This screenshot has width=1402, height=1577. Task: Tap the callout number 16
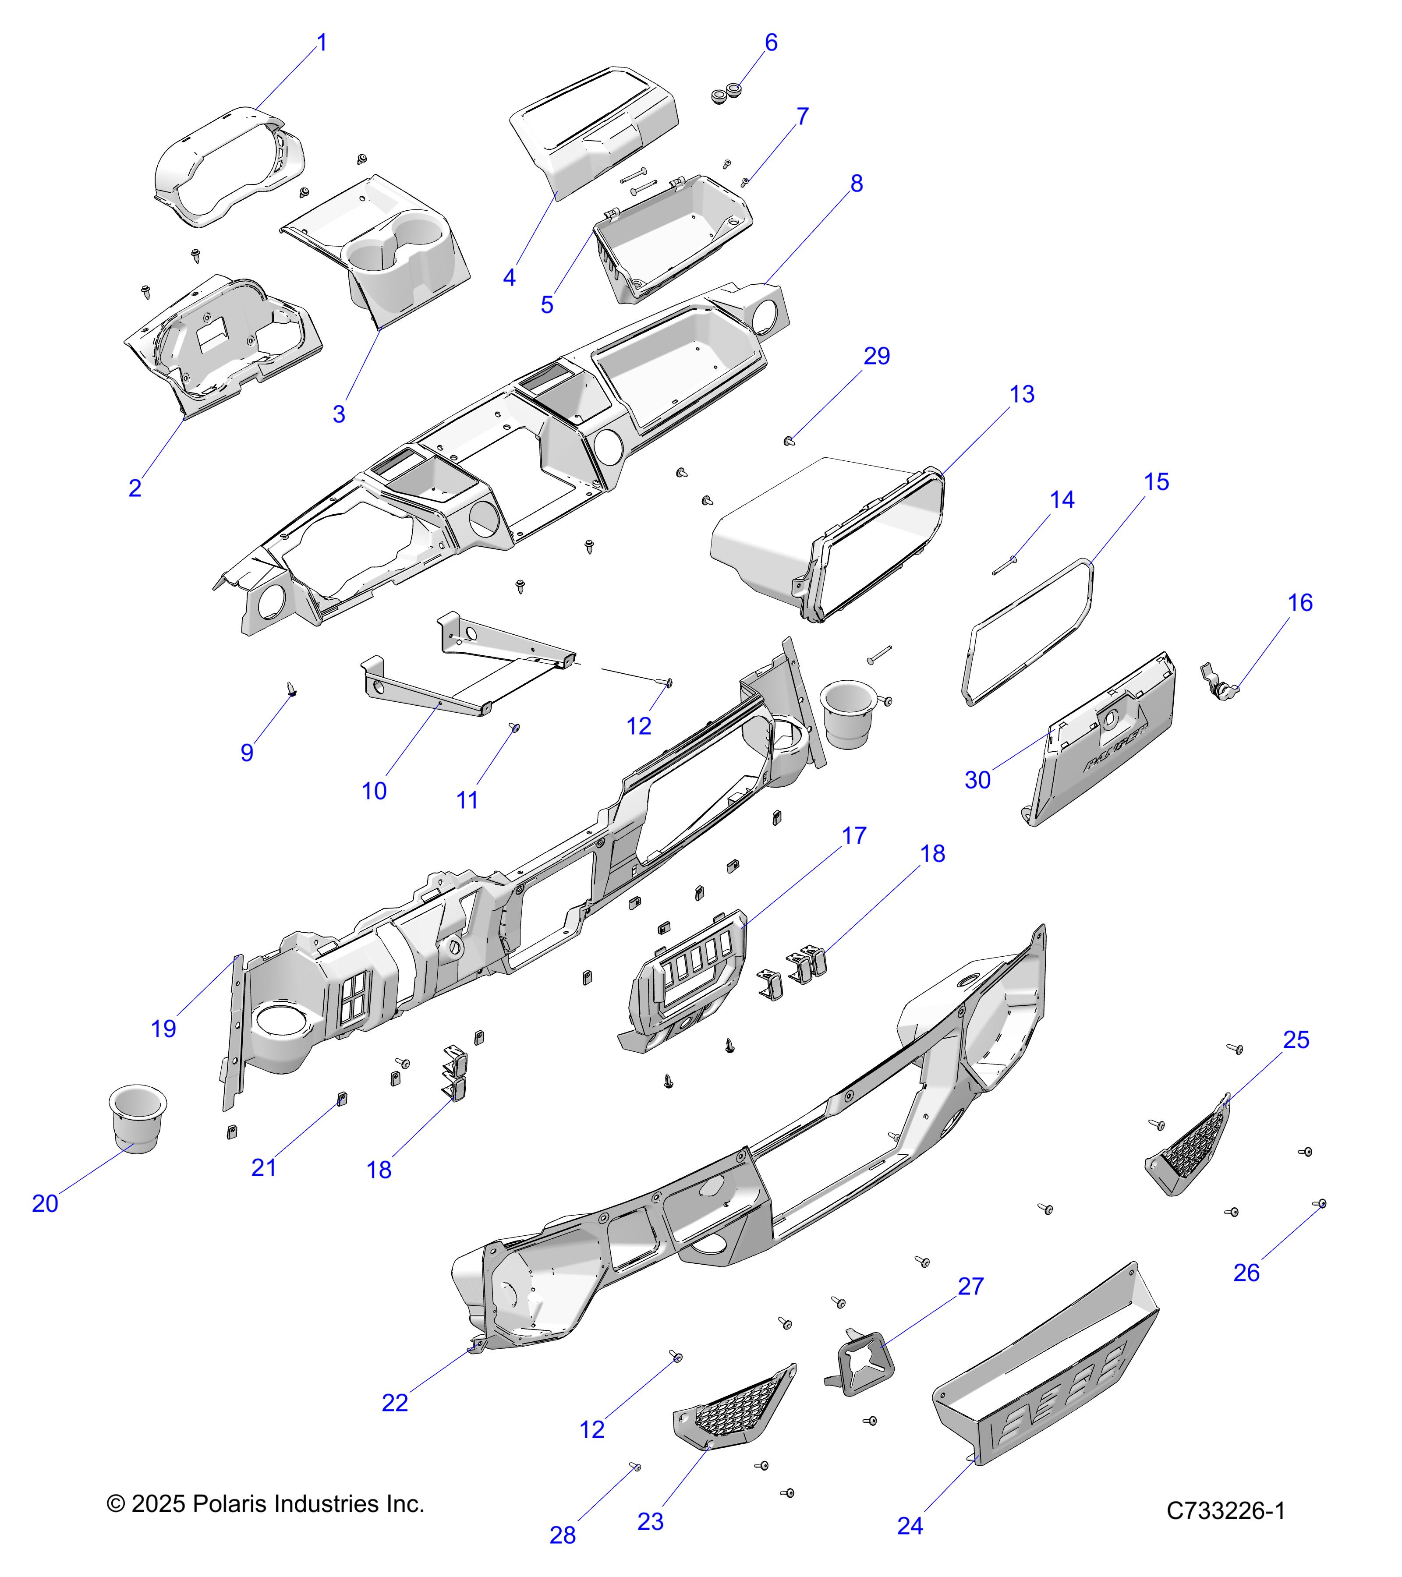click(x=1300, y=603)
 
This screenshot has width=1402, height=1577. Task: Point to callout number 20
click(x=45, y=1204)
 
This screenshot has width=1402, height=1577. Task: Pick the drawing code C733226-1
click(x=1225, y=1511)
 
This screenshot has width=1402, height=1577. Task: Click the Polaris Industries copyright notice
click(x=266, y=1504)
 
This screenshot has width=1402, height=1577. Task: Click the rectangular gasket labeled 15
click(x=1029, y=633)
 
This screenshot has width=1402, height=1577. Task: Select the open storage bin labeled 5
click(x=671, y=239)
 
